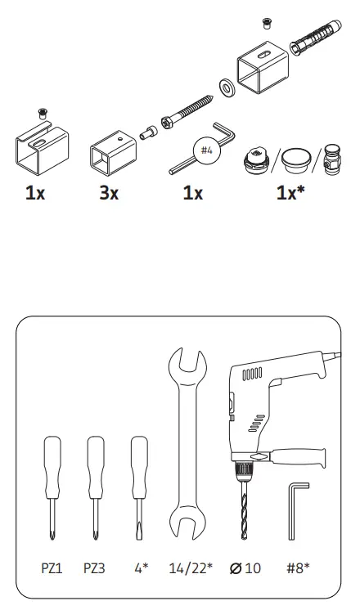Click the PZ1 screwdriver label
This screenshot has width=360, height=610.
click(52, 567)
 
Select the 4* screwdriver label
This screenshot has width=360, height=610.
click(140, 567)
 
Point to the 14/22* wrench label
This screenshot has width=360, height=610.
click(190, 567)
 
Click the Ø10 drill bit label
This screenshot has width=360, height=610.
click(245, 567)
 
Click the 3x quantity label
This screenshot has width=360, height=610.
click(108, 195)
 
